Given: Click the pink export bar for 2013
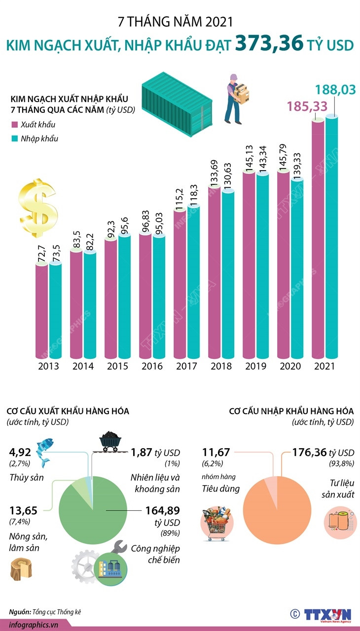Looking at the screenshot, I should click(x=41, y=311).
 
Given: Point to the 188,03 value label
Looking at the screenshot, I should click(x=334, y=90).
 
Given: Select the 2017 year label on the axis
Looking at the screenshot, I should click(x=187, y=367).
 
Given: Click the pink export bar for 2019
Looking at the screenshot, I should click(x=249, y=266).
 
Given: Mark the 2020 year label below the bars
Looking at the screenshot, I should click(x=290, y=367).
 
